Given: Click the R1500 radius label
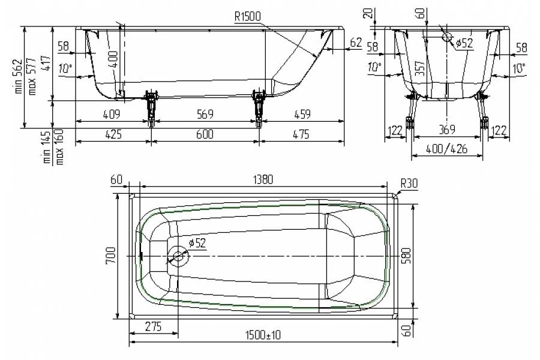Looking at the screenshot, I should click(248, 17).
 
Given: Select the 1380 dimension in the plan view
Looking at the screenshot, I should click(263, 179).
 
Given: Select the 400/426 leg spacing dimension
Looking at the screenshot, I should click(447, 148).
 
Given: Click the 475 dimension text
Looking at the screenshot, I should click(299, 134).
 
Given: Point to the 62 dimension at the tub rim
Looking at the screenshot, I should click(355, 42).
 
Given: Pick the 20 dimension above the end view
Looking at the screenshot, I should click(374, 12).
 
